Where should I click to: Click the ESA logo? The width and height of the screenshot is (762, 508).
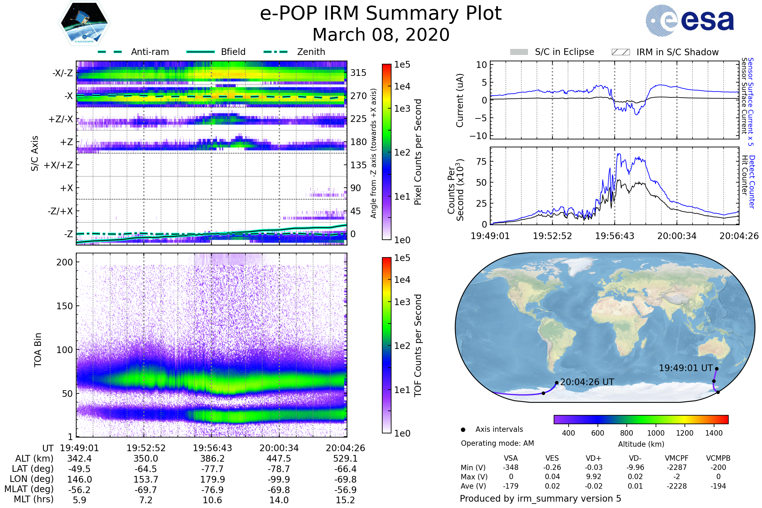pos(690,20)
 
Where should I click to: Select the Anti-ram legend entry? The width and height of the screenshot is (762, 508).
pos(150,52)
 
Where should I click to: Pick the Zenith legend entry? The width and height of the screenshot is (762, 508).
pos(311,52)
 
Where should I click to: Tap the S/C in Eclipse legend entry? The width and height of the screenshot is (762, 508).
pos(564,52)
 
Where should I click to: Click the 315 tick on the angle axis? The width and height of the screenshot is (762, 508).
pos(358,73)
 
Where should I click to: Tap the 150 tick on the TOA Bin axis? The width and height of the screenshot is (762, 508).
pos(64,306)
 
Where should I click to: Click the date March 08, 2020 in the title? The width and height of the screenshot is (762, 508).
pos(381,35)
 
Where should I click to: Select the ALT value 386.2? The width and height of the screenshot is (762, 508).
pos(212,458)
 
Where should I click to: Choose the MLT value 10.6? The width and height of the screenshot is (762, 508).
pos(212,500)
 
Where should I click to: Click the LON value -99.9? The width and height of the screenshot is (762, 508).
pos(279,479)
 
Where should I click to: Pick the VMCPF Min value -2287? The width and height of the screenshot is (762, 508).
pos(677,467)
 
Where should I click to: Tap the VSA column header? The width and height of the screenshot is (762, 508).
pos(511,458)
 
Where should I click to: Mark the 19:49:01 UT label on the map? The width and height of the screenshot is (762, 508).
pos(685,368)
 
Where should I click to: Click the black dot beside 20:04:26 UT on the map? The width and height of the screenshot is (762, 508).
pos(557,383)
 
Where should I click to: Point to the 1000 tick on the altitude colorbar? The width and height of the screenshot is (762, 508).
pos(655,433)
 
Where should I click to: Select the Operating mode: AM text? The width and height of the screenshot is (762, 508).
pos(497,443)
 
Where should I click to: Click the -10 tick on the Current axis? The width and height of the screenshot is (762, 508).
pos(478,136)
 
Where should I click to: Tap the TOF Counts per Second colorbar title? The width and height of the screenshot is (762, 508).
pos(418,345)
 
